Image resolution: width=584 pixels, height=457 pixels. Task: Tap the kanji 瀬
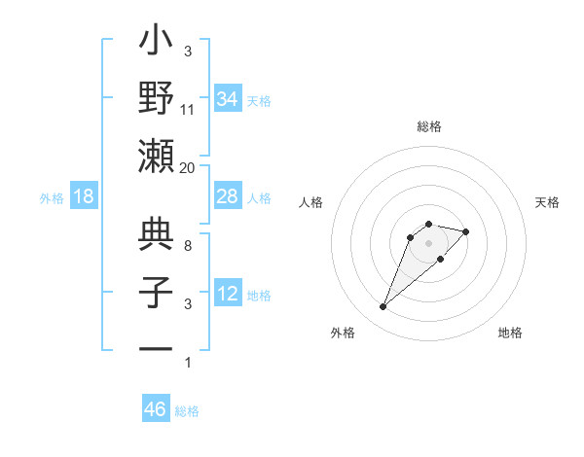(157, 157)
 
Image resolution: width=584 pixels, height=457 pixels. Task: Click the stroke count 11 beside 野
(188, 109)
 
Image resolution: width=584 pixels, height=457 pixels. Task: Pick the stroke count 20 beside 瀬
(188, 167)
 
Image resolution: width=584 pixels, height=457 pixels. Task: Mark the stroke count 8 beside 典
(188, 245)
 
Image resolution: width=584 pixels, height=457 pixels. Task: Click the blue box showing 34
(227, 99)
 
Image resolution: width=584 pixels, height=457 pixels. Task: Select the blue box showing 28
(227, 196)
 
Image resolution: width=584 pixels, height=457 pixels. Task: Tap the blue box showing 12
(227, 294)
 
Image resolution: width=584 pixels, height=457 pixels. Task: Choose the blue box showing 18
(84, 196)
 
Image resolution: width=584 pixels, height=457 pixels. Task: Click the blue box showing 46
(155, 409)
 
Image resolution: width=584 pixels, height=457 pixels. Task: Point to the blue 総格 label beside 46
(187, 411)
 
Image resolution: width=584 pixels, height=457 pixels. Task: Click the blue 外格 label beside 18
(52, 198)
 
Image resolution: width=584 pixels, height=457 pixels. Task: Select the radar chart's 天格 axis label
(547, 202)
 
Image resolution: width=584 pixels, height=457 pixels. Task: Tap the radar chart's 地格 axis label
(510, 333)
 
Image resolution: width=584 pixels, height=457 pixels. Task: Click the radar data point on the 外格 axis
(383, 307)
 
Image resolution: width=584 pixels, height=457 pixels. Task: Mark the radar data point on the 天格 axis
(466, 231)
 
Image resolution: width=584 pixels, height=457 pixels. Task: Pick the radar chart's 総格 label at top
(429, 126)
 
